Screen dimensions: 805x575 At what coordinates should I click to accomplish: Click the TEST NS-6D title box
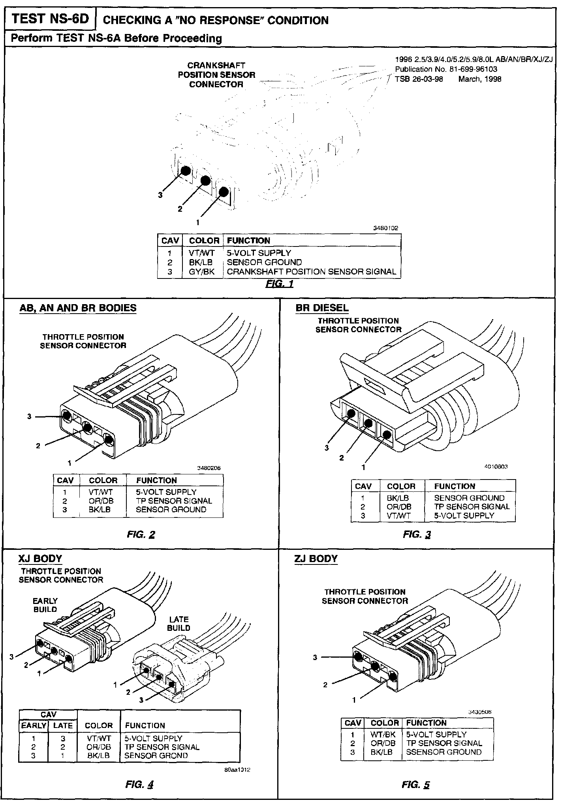tap(50, 19)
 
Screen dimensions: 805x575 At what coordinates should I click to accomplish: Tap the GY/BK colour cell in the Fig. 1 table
tap(201, 272)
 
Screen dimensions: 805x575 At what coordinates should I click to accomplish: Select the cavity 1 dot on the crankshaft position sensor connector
tap(224, 192)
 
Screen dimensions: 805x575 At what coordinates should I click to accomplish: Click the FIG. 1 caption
tap(280, 284)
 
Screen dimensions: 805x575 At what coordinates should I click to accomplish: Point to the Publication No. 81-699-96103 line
tap(446, 69)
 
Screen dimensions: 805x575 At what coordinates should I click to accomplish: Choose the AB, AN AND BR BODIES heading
tap(78, 308)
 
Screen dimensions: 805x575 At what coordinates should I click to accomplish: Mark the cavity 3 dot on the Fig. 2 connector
tap(66, 416)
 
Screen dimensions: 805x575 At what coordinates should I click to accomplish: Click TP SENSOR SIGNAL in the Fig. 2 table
tap(174, 500)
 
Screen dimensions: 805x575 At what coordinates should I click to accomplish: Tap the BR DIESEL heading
tap(322, 308)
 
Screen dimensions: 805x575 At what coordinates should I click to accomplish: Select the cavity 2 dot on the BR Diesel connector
tap(368, 423)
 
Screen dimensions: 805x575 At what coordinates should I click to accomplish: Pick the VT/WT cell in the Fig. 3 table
tap(399, 515)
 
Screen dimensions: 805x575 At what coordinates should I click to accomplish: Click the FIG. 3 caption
tap(417, 534)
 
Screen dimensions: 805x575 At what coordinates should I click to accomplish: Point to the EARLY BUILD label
tap(45, 605)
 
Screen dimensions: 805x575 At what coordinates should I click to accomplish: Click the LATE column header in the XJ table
tap(63, 725)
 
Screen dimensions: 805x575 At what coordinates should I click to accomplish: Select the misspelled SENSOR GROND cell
tap(156, 756)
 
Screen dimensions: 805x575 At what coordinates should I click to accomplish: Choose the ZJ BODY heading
tap(316, 559)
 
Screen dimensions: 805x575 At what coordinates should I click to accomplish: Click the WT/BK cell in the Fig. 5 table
tap(383, 734)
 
